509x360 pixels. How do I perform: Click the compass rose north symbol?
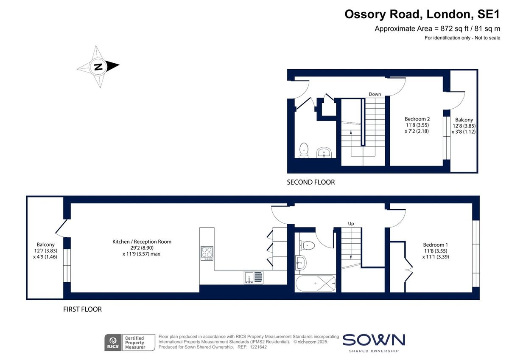click(98, 67)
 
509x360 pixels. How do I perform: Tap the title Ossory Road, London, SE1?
click(422, 14)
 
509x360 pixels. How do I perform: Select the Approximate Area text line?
click(437, 29)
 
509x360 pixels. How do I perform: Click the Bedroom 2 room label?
click(417, 125)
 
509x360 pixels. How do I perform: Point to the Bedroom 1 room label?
click(435, 250)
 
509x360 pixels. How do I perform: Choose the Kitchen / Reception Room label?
click(142, 247)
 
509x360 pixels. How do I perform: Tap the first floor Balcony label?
click(45, 250)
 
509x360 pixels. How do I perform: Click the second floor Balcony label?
click(464, 126)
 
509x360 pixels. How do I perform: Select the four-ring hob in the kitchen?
click(207, 253)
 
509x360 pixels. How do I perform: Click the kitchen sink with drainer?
click(253, 277)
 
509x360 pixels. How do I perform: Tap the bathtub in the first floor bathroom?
click(316, 283)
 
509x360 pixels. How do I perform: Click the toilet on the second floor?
click(304, 150)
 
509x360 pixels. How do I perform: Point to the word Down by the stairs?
click(375, 94)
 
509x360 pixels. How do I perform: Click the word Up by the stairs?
click(351, 223)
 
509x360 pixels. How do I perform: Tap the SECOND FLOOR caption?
click(310, 182)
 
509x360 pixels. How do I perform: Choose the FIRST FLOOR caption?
click(82, 309)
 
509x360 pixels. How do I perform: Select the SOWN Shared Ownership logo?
click(373, 342)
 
